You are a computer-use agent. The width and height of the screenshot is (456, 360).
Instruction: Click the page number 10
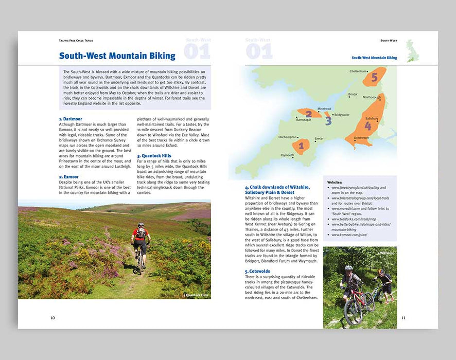52,317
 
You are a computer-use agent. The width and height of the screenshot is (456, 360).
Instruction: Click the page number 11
403,317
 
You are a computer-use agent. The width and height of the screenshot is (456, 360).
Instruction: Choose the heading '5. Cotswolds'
257,271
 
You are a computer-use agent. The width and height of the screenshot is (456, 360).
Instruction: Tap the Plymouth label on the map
287,155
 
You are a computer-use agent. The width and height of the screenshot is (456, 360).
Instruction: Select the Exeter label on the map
319,138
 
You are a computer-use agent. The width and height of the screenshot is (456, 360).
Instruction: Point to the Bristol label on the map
353,94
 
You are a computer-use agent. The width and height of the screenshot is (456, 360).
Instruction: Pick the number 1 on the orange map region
301,146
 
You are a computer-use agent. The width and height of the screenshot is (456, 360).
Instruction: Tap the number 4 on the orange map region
367,125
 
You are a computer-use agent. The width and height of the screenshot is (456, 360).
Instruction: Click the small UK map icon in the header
413,50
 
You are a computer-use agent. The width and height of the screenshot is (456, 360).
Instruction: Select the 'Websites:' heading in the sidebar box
336,182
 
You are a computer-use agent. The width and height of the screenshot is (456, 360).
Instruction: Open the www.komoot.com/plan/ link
350,235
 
